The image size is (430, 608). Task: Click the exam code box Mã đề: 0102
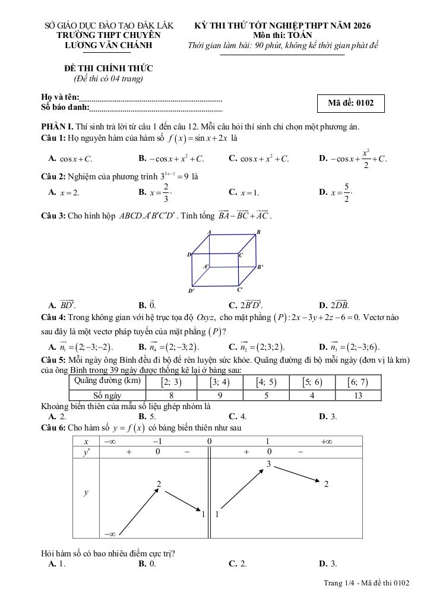[350, 103]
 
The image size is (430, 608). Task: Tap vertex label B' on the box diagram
[260, 267]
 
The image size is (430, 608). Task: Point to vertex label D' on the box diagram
[191, 291]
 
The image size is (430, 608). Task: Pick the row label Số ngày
[107, 395]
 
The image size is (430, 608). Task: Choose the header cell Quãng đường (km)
[107, 381]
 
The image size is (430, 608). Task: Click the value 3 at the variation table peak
[268, 464]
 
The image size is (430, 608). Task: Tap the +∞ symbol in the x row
[326, 441]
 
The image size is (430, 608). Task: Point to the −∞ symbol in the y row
[110, 533]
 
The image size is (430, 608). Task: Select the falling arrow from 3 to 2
[297, 474]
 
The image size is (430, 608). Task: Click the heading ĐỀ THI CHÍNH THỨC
[108, 69]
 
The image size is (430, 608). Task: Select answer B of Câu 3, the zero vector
[147, 305]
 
